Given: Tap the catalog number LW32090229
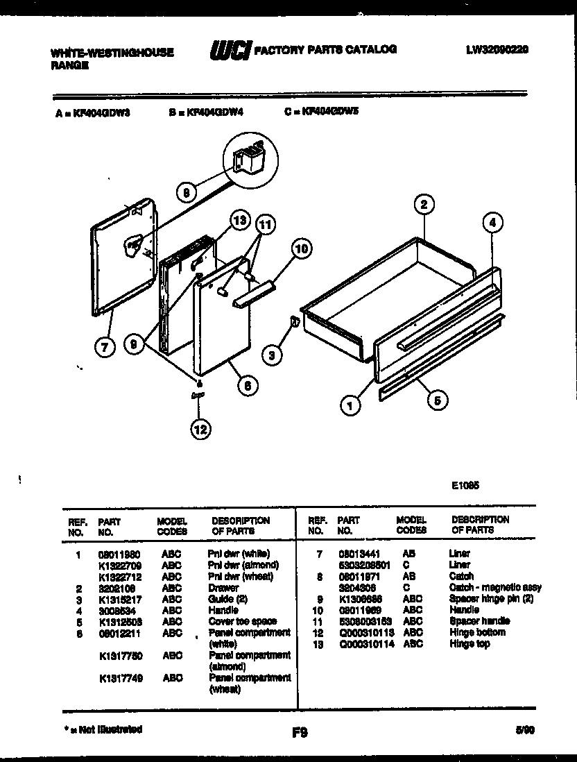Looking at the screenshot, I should pos(498,49).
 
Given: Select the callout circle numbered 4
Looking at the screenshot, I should pos(492,223).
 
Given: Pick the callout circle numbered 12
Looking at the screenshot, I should pos(200,430).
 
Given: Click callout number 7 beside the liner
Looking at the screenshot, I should pos(105,348).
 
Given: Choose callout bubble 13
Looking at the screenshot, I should pos(239,221).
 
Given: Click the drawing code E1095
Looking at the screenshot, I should pos(465,486).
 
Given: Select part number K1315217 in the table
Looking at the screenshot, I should pos(118,599).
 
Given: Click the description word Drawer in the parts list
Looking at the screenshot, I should pos(223,588).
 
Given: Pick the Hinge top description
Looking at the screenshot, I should pos(470,644).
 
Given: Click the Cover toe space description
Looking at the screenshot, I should pos(242,622).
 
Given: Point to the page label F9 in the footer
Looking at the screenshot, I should pos(300,731).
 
